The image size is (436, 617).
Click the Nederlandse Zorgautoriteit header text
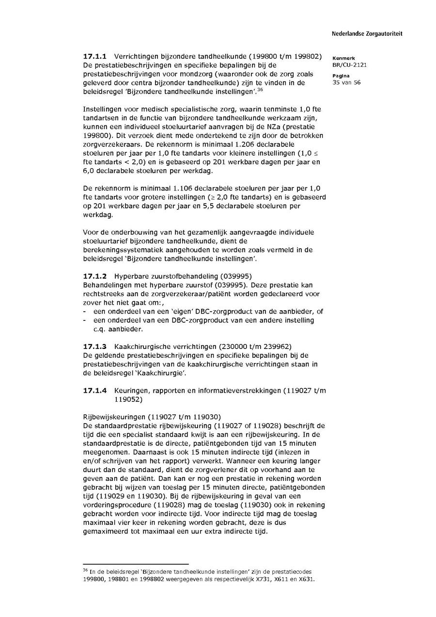pos(367,34)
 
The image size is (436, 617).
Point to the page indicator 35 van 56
pos(346,82)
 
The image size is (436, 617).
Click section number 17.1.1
pos(95,56)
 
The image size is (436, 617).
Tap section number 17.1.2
pos(95,276)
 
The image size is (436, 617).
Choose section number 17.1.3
pos(95,347)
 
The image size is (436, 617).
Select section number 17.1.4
pos(95,391)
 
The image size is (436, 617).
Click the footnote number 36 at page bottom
pos(85,570)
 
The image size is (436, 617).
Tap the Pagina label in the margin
pos(340,76)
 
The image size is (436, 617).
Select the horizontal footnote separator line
pos(136,564)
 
